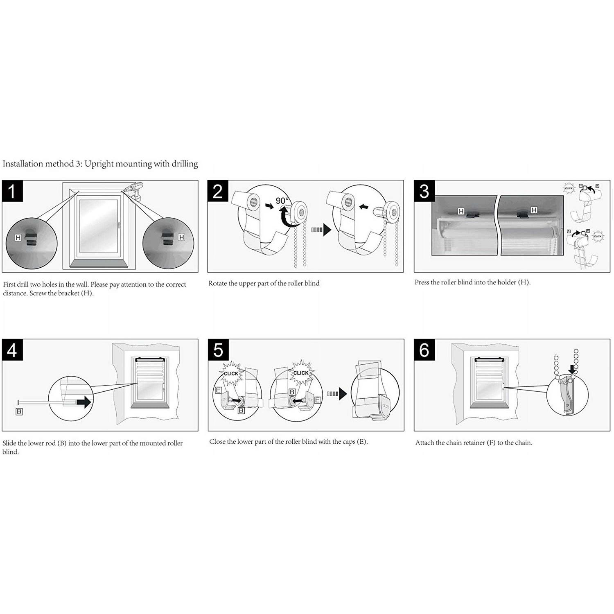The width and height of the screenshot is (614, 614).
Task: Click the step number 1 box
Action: click(12, 191)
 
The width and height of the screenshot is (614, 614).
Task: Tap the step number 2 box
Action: click(218, 191)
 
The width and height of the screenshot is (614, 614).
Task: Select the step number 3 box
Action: click(424, 191)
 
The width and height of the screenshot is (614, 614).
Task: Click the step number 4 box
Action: click(12, 350)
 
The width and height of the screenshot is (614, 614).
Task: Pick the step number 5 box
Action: click(218, 350)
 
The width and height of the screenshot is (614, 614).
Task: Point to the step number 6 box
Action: click(424, 350)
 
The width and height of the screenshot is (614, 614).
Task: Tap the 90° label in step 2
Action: click(282, 201)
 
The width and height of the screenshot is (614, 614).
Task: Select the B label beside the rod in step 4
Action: click(19, 411)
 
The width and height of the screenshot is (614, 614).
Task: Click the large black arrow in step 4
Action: click(84, 402)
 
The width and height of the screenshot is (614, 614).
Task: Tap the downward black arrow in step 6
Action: click(572, 370)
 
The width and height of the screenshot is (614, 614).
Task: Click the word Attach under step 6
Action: click(424, 442)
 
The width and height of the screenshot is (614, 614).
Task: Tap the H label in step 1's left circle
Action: click(18, 237)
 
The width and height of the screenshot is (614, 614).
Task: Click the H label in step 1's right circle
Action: click(181, 237)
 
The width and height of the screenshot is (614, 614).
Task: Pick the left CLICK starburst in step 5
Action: click(231, 373)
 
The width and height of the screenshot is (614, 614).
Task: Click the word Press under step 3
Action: click(422, 282)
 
